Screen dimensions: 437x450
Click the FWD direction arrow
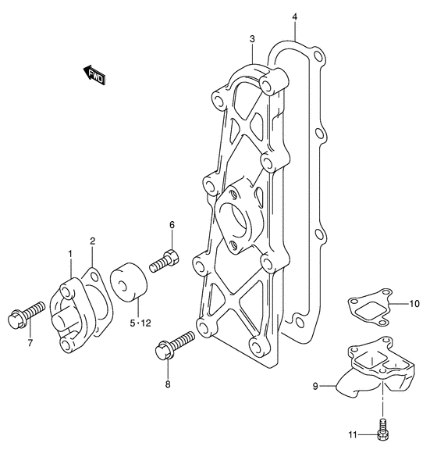coord(94,75)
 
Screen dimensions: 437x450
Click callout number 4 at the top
coord(295,17)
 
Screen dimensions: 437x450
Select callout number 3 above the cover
coord(252,39)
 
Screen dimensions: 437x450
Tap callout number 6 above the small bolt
coord(172,225)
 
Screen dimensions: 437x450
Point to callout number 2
coord(92,241)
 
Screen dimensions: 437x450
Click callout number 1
coord(70,254)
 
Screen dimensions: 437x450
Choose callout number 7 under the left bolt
coord(30,343)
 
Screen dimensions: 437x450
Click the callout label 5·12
coord(140,323)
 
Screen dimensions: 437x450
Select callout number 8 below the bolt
coord(168,384)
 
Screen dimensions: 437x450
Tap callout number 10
coord(414,303)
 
